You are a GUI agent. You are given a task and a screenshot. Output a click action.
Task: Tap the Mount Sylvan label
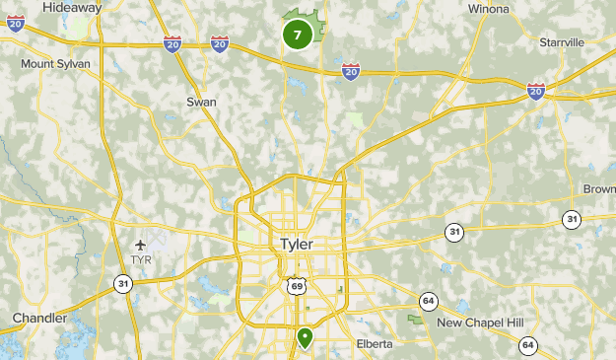click(x=56, y=63)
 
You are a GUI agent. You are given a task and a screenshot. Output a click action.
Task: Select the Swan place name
click(x=201, y=101)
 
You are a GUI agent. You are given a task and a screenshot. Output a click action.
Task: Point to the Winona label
click(x=489, y=9)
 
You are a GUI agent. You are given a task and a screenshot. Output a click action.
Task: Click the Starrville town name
click(x=563, y=42)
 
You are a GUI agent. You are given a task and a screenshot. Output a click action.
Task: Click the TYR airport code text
click(x=140, y=260)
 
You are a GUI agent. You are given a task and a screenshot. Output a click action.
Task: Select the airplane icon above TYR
click(x=140, y=244)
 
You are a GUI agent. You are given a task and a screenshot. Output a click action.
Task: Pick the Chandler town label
click(x=39, y=318)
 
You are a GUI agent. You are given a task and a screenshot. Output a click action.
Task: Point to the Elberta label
click(x=374, y=343)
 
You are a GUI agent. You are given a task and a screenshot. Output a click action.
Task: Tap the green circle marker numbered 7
click(x=298, y=35)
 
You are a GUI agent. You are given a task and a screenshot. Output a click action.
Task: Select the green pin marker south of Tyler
click(x=306, y=337)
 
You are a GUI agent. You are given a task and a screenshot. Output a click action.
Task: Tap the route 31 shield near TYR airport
click(x=122, y=284)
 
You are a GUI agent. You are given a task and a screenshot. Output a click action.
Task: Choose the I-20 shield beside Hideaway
click(x=16, y=24)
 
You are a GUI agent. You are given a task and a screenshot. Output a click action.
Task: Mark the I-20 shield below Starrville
click(x=536, y=90)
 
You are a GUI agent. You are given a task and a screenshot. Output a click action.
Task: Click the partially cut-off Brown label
click(x=599, y=189)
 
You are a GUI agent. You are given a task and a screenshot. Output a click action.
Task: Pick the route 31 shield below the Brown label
click(x=571, y=219)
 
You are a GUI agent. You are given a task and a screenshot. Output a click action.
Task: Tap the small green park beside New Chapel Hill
click(x=418, y=320)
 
